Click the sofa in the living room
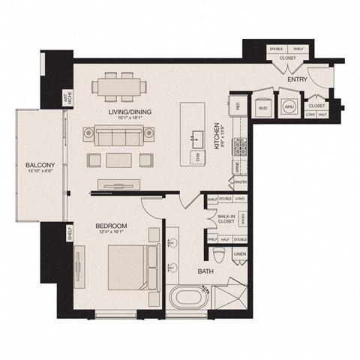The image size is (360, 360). click(118, 135)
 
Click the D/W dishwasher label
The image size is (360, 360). click(196, 157)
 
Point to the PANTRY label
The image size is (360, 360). click(241, 181)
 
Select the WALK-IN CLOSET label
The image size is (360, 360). click(226, 218)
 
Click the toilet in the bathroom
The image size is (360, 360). click(219, 253)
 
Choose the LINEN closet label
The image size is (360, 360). click(240, 254)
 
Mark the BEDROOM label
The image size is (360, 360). click(111, 226)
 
